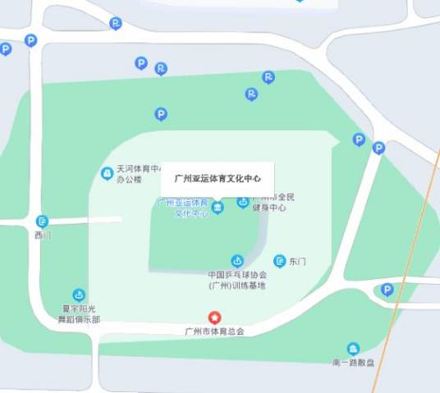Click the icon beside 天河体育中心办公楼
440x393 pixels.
(x=107, y=173)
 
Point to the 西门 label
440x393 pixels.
(x=42, y=235)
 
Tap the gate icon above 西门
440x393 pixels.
(x=42, y=221)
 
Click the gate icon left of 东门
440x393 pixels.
(x=280, y=260)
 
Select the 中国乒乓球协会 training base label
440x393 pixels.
(x=237, y=280)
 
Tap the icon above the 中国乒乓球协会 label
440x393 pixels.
(x=236, y=260)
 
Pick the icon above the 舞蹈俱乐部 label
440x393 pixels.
(x=79, y=294)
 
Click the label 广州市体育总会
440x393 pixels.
(x=214, y=331)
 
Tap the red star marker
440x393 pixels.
(x=214, y=317)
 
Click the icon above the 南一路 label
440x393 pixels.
(x=353, y=348)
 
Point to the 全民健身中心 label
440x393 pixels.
(x=270, y=203)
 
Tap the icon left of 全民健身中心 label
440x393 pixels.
(x=243, y=202)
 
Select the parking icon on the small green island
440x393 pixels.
(x=387, y=290)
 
